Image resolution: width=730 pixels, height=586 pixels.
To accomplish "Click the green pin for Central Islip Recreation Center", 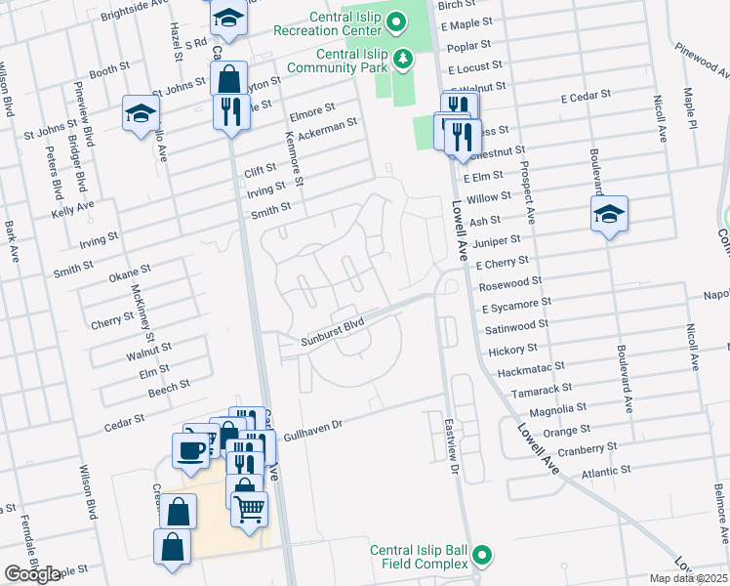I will pyautogui.click(x=395, y=21).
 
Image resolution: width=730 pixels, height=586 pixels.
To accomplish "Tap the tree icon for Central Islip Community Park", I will pyautogui.click(x=402, y=62).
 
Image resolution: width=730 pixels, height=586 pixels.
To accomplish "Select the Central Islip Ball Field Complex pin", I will pyautogui.click(x=480, y=557).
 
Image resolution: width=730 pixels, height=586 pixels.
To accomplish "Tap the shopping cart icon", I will pyautogui.click(x=249, y=508).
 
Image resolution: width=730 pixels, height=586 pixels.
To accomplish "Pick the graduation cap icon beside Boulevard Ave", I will pyautogui.click(x=609, y=215).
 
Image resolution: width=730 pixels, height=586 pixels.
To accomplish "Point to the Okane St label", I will pyautogui.click(x=130, y=272).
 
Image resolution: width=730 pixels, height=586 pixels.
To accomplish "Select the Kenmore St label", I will pyautogui.click(x=293, y=158).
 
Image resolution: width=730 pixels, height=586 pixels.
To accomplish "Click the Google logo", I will pyautogui.click(x=32, y=574).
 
